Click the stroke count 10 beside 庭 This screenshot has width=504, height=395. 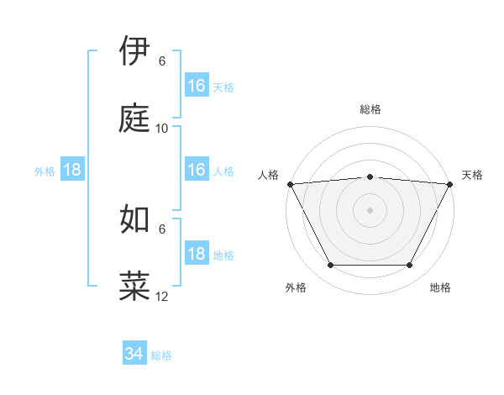click(162, 128)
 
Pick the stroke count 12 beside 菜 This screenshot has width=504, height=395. click(162, 296)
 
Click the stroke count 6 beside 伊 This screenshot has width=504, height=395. click(162, 61)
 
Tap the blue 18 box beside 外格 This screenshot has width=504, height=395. click(72, 170)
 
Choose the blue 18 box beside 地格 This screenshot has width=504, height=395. click(197, 254)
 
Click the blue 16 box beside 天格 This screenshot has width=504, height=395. click(197, 86)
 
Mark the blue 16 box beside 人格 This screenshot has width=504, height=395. click(197, 170)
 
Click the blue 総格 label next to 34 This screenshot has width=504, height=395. click(161, 355)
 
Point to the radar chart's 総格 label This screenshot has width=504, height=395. click(370, 109)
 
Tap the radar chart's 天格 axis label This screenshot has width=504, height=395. click(472, 175)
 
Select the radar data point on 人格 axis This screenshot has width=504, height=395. click(290, 183)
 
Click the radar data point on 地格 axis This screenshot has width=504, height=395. click(410, 266)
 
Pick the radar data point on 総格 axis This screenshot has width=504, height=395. click(370, 176)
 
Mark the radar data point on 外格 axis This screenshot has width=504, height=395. click(330, 266)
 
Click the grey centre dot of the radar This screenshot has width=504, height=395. click(370, 209)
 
